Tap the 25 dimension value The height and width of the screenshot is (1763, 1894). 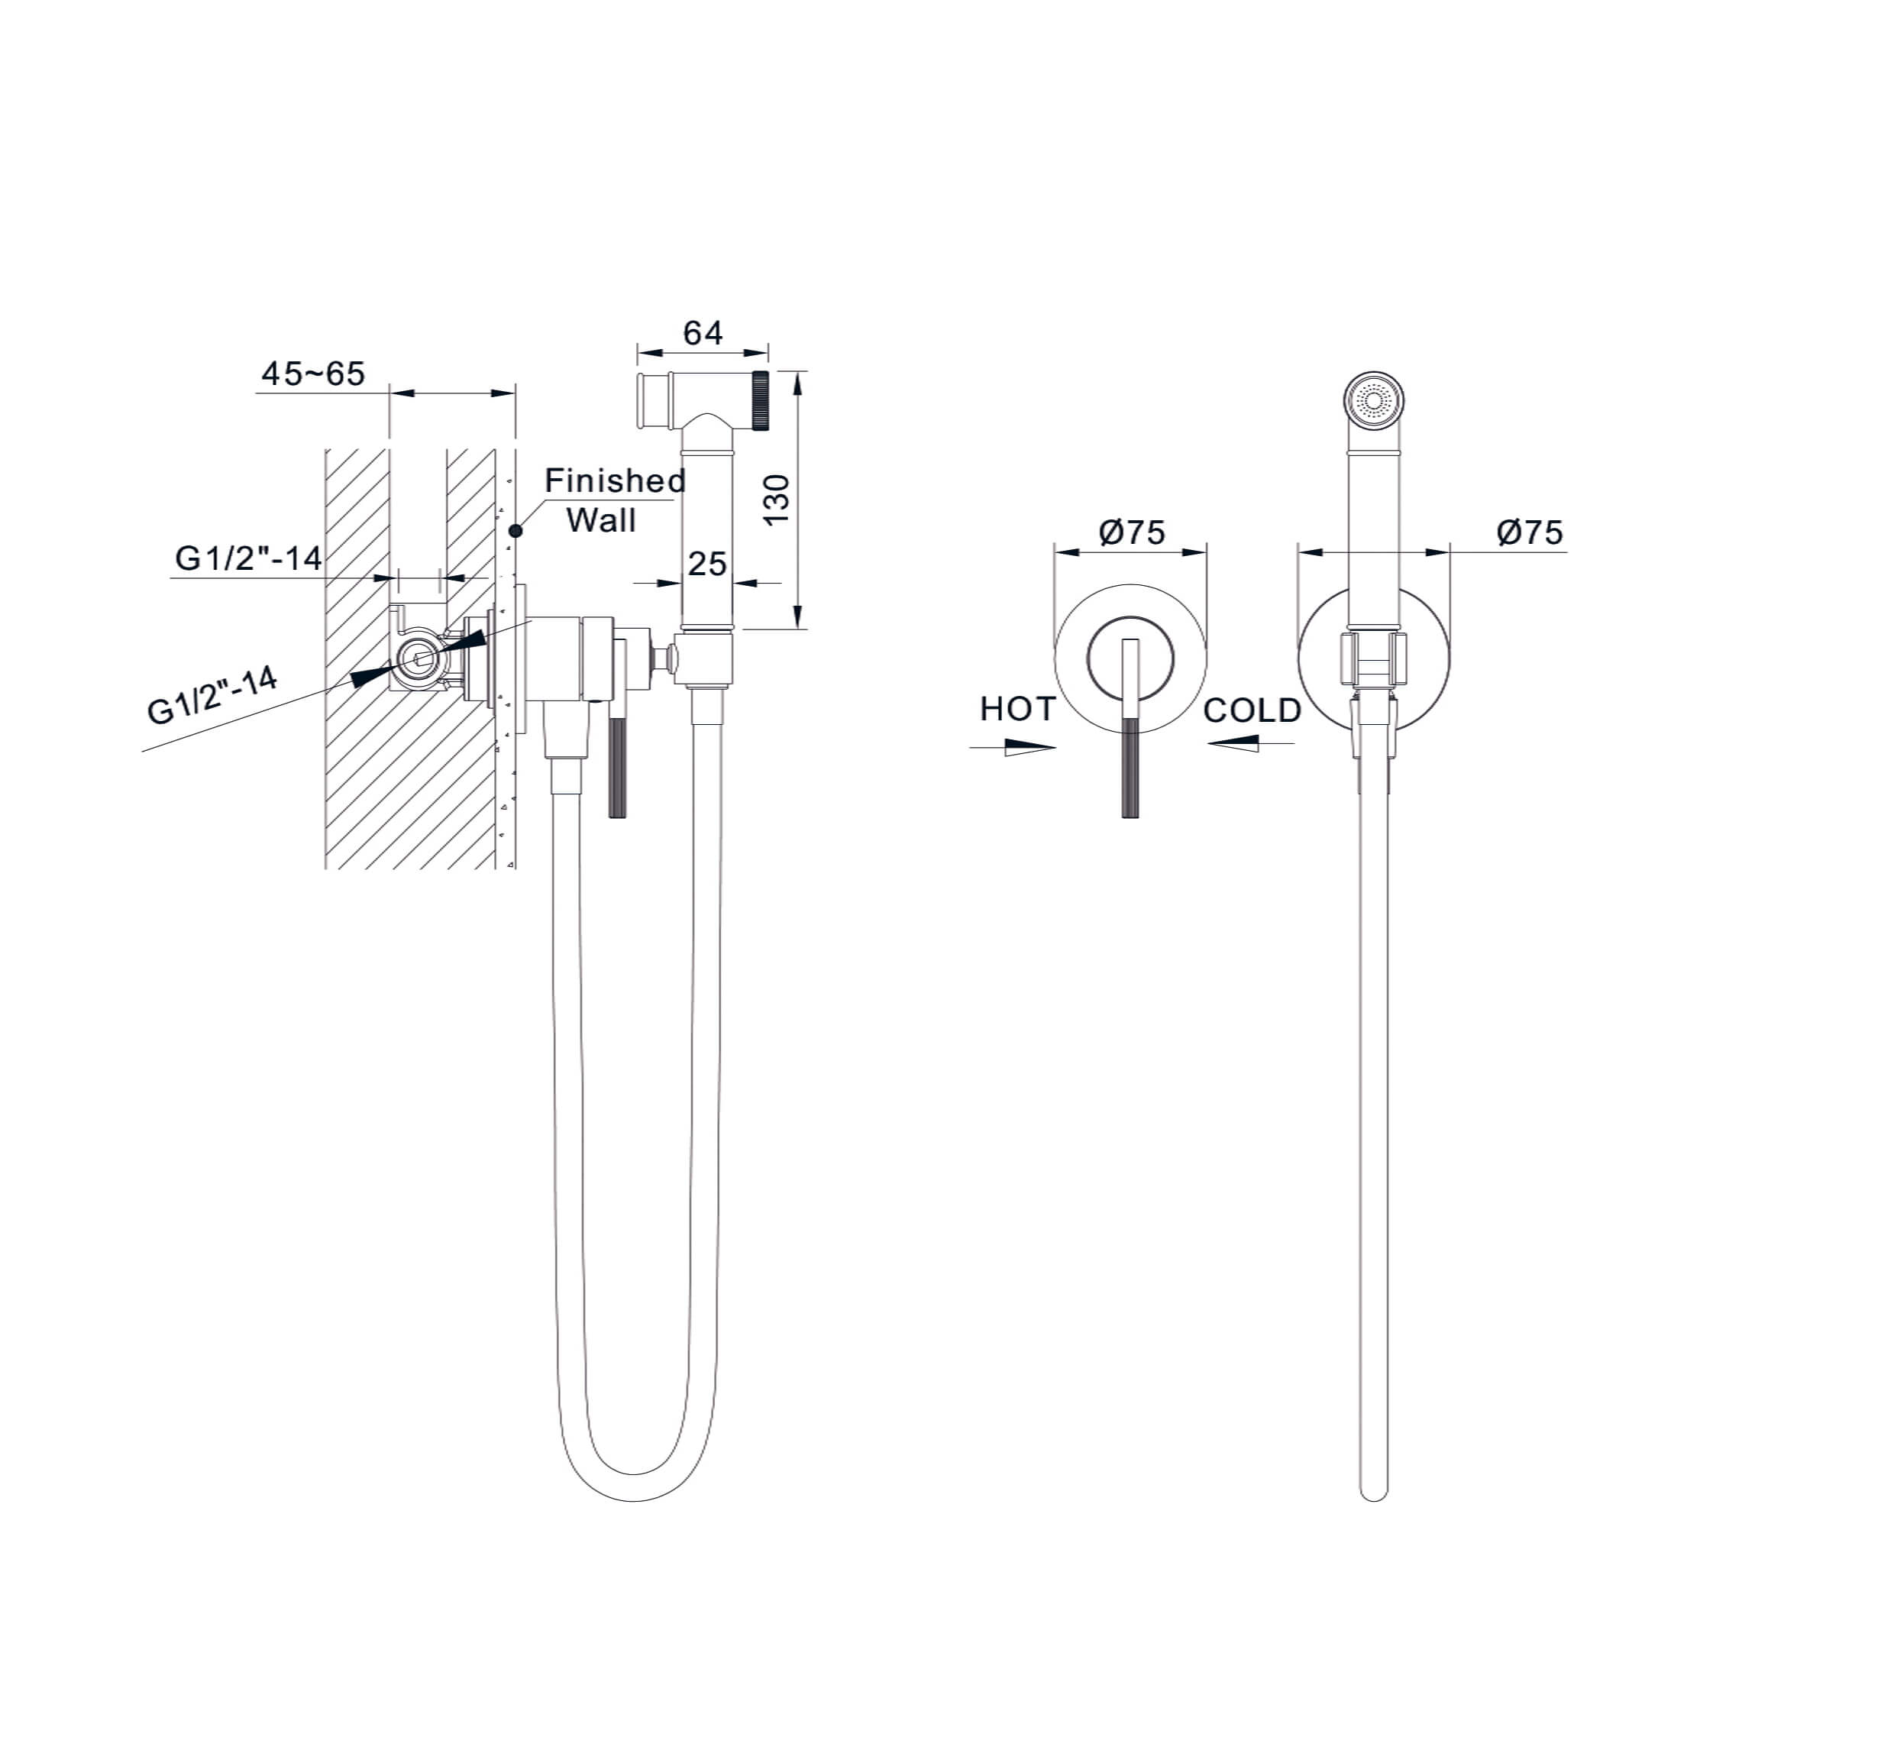pyautogui.click(x=707, y=564)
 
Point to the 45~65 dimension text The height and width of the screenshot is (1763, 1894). pyautogui.click(x=313, y=374)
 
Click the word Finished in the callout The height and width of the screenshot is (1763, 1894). pyautogui.click(x=615, y=480)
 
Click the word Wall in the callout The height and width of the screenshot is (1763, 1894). pyautogui.click(x=601, y=520)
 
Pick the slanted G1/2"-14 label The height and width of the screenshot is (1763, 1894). pyautogui.click(x=212, y=696)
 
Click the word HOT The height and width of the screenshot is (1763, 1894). pyautogui.click(x=1017, y=709)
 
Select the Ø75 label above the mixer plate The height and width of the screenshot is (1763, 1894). pyautogui.click(x=1131, y=532)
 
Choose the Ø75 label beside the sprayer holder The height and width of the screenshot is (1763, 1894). pyautogui.click(x=1529, y=532)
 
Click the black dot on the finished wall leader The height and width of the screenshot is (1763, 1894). pyautogui.click(x=516, y=530)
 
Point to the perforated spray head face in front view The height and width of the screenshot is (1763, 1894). pyautogui.click(x=1374, y=398)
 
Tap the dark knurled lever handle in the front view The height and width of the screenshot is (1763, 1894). pyautogui.click(x=1131, y=768)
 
